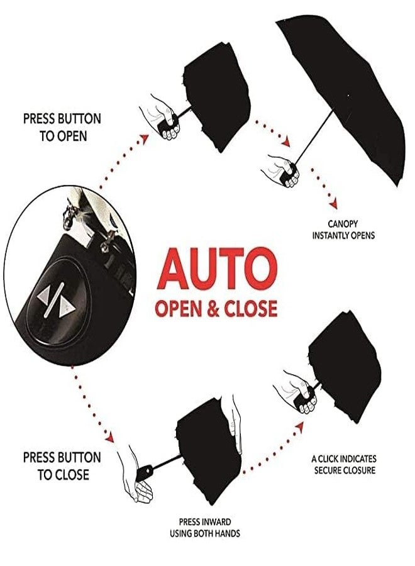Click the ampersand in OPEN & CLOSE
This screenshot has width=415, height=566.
tap(214, 309)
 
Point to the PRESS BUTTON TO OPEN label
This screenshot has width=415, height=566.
tap(62, 128)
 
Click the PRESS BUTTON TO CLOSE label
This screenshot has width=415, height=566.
tap(62, 466)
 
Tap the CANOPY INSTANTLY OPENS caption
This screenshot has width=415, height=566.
tap(343, 230)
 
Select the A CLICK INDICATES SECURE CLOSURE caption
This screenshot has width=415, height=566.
tap(344, 465)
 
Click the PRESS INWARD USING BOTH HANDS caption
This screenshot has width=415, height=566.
tap(205, 528)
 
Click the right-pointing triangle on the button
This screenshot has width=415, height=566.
tap(67, 309)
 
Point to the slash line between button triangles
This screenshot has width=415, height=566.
tap(55, 300)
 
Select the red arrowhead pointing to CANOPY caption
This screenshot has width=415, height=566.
tap(333, 204)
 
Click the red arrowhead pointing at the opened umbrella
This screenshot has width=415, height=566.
tap(286, 142)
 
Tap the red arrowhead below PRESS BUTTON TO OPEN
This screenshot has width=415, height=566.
tap(145, 139)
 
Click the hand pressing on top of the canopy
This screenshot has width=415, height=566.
tap(235, 425)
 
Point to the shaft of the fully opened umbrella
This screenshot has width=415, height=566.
tap(314, 136)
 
